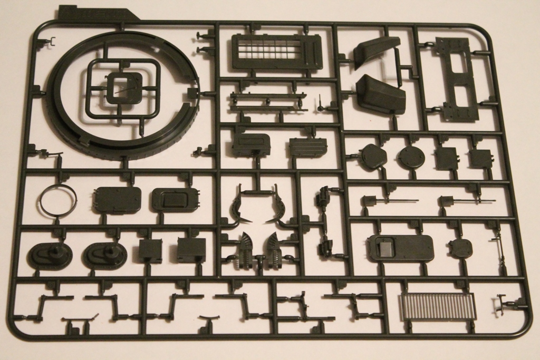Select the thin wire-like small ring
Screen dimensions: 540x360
[x=58, y=200]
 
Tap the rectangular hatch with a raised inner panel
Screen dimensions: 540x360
[x=175, y=200]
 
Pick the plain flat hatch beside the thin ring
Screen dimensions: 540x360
[x=117, y=200]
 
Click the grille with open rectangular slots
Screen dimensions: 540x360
[x=276, y=52]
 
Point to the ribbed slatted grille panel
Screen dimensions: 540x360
[x=438, y=307]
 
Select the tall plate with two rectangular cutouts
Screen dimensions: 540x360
[x=458, y=79]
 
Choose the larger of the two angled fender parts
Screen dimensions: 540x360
[x=381, y=94]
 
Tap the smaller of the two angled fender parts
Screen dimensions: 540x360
[x=376, y=51]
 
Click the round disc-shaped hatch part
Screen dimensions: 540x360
[x=411, y=157]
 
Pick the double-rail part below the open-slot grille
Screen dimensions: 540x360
[x=268, y=101]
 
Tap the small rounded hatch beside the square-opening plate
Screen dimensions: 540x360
[x=460, y=248]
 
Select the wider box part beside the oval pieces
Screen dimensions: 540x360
[x=191, y=250]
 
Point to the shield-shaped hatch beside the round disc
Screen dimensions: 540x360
[x=373, y=157]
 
